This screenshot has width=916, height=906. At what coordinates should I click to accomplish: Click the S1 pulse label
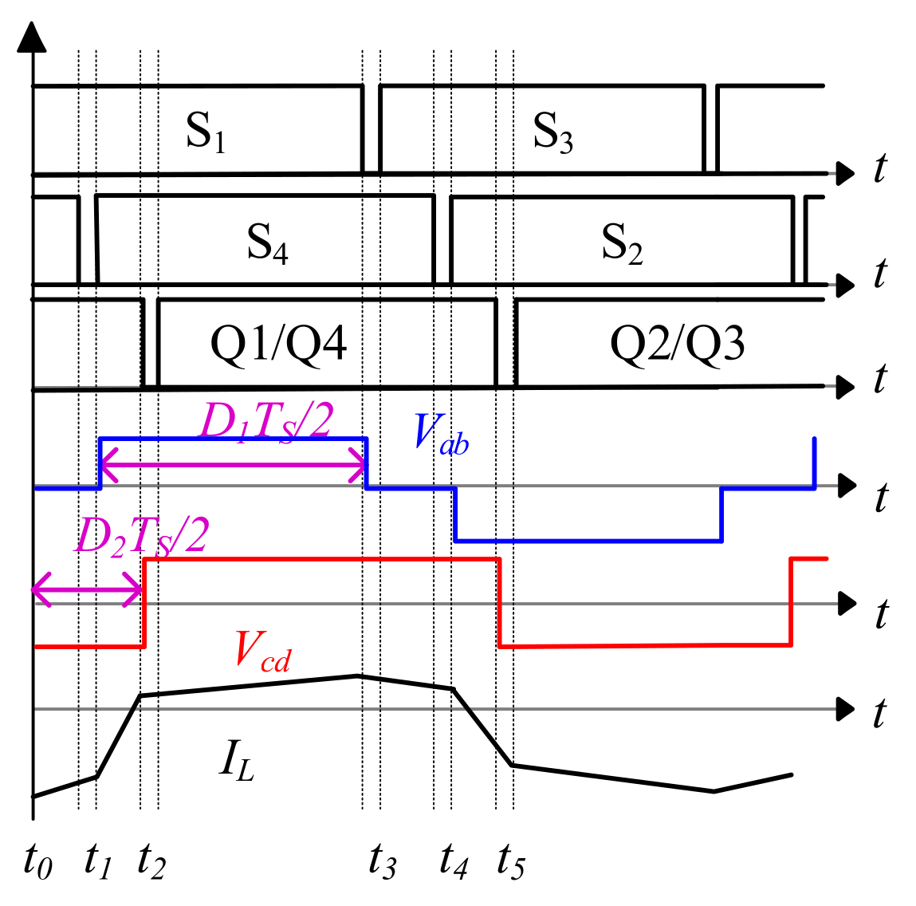(206, 132)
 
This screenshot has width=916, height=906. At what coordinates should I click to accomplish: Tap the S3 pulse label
(552, 132)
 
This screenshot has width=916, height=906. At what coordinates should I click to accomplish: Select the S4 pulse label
(268, 243)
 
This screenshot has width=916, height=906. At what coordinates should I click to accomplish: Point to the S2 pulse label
(622, 243)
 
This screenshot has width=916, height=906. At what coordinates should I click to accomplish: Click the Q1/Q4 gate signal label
(279, 344)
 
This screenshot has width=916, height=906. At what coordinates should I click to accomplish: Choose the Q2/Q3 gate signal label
(677, 344)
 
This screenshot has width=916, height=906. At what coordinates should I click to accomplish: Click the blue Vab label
(441, 434)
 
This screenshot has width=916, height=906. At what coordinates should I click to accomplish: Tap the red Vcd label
(263, 651)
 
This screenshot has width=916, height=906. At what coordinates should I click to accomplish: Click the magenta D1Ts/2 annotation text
(266, 421)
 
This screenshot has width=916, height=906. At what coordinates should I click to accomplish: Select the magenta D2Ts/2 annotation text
(142, 535)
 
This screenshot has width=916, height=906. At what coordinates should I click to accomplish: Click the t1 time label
(98, 861)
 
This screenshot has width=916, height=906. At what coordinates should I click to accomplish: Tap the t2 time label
(152, 861)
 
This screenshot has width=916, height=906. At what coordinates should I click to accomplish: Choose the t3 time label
(383, 861)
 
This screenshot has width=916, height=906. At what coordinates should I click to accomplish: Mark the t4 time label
(454, 861)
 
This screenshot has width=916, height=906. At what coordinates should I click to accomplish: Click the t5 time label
(511, 861)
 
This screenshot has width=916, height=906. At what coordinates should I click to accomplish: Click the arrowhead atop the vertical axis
(32, 36)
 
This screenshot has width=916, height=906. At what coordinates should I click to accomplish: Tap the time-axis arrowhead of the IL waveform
(846, 709)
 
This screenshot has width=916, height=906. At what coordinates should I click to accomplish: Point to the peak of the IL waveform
(358, 676)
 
